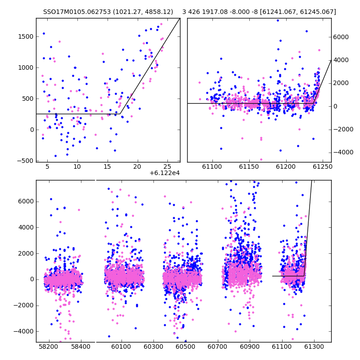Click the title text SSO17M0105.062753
coord(77,12)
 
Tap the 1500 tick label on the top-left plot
coord(26,37)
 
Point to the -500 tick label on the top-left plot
coord(25,161)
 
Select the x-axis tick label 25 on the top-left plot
coord(167,166)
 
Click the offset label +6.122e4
coord(165,173)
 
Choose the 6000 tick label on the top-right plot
coord(341,37)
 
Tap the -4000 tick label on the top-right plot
coord(343,152)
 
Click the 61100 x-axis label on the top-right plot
coord(212,166)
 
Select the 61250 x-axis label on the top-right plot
coord(323,166)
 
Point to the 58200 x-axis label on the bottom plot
coord(49,346)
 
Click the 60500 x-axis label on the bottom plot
coord(185,346)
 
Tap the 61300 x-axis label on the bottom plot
coord(314,346)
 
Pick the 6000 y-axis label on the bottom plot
coord(26,202)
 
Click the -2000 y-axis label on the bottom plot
coord(23,306)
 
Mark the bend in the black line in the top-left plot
coord(120,114)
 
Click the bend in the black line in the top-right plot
coord(314,103)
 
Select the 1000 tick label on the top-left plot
coord(26,68)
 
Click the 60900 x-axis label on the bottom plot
coord(250,346)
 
